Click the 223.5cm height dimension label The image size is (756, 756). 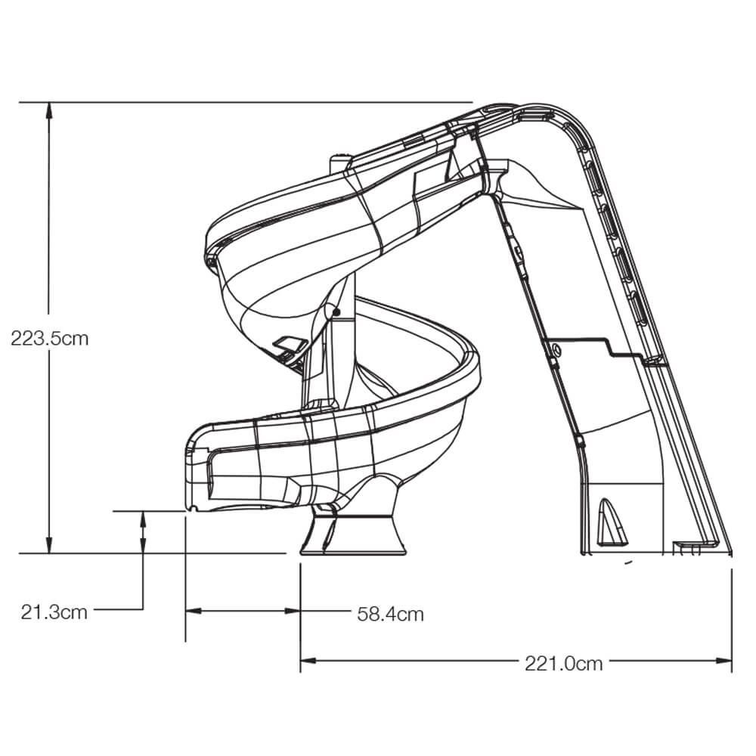point(50,339)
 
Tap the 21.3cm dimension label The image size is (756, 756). point(54,612)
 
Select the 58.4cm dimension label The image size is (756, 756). point(391,614)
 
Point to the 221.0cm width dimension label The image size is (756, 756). point(564,664)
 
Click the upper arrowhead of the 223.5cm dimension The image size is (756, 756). point(48,110)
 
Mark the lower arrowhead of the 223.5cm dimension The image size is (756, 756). point(48,545)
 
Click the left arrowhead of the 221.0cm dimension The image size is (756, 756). point(308,660)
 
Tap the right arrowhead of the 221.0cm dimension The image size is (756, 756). point(723,660)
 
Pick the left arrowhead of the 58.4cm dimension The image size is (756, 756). point(194,611)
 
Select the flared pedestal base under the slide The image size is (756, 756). point(352,535)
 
